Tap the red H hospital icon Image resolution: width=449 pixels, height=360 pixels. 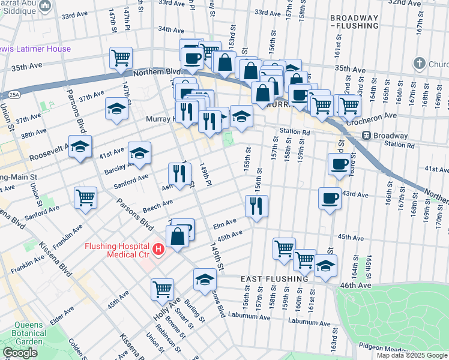click(x=158, y=248)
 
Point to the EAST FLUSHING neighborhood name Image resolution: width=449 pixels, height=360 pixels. click(x=275, y=280)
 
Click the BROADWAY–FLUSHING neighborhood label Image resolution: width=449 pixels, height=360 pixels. click(x=354, y=22)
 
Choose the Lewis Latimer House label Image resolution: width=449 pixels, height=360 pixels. click(x=36, y=49)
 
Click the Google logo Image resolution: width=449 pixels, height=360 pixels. click(x=20, y=353)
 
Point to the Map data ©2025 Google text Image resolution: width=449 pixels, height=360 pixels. click(x=412, y=355)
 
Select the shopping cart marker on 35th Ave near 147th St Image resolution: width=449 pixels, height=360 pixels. click(x=121, y=58)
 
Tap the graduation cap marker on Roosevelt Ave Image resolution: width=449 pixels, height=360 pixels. click(x=80, y=148)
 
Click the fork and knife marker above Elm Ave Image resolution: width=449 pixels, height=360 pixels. click(x=256, y=206)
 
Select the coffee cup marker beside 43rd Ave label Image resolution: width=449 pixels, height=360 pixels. click(x=329, y=198)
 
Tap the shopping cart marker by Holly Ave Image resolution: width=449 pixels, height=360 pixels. click(x=162, y=289)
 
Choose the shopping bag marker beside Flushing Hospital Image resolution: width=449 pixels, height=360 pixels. click(x=178, y=236)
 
